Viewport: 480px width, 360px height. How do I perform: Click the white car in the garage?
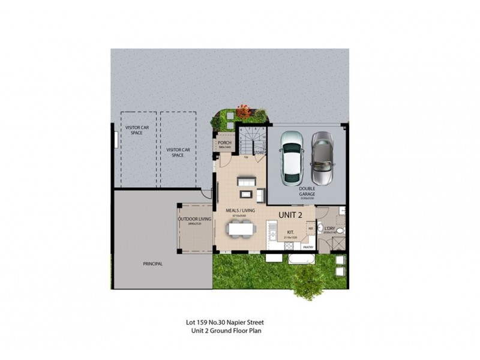(x=292, y=158)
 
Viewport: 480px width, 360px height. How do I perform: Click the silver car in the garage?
(x=321, y=158)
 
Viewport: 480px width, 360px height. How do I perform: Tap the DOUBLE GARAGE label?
(x=307, y=191)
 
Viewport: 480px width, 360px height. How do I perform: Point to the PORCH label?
(x=225, y=143)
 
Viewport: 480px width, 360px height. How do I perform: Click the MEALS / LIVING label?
(x=240, y=211)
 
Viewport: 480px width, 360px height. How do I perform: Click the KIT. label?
(x=290, y=232)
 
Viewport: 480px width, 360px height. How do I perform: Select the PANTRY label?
(x=308, y=247)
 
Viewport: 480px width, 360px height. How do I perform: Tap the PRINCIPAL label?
(x=153, y=263)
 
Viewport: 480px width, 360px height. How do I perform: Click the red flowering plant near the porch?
(x=244, y=111)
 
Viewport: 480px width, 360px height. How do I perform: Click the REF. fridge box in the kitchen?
(x=311, y=229)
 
